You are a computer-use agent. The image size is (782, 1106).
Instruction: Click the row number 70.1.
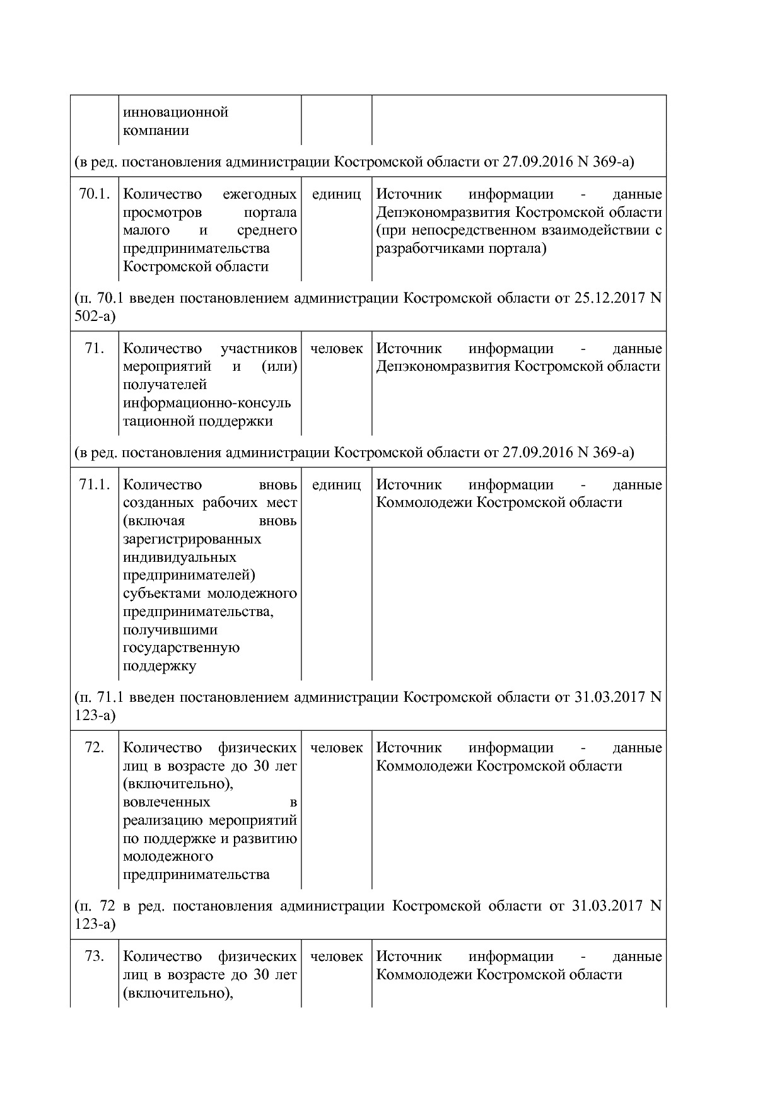click(94, 194)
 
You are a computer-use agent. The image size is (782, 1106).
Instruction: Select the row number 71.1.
click(94, 484)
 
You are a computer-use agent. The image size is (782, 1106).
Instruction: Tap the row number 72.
click(94, 747)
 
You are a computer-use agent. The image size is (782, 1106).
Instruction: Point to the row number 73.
click(94, 956)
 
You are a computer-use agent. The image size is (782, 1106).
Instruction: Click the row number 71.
click(94, 348)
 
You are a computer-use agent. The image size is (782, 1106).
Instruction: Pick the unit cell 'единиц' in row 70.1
click(336, 194)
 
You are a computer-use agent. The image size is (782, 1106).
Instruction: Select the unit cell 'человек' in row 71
click(336, 348)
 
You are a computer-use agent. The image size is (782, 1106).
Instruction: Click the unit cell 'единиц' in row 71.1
click(336, 484)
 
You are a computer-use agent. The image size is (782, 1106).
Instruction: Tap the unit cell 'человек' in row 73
click(336, 956)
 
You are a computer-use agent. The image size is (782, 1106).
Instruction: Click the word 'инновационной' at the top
click(175, 112)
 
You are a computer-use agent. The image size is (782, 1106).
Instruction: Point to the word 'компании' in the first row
click(156, 131)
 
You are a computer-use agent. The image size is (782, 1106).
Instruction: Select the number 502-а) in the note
click(95, 316)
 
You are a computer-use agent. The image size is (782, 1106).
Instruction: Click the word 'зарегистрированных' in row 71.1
click(192, 539)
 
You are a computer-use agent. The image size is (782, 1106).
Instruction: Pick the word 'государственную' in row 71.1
click(181, 648)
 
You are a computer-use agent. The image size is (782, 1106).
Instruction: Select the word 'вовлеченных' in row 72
click(166, 802)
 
